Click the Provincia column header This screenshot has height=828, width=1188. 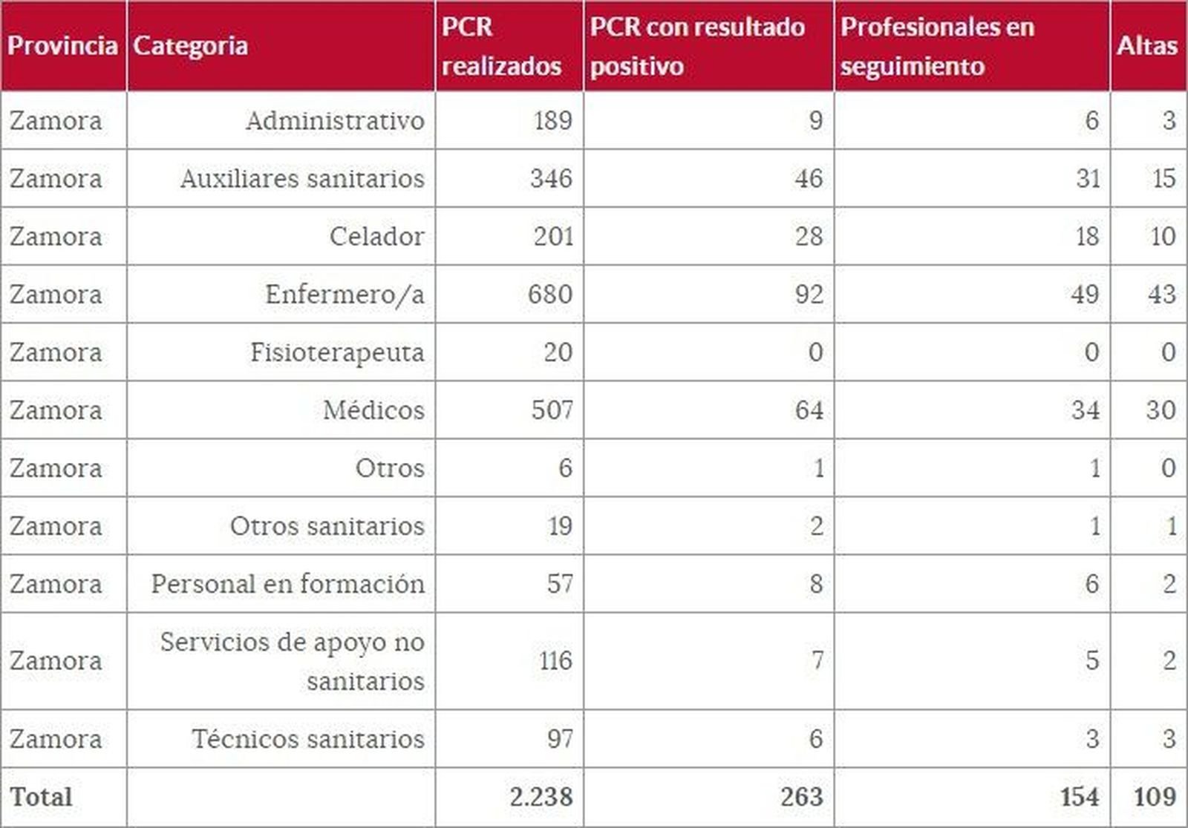(x=63, y=46)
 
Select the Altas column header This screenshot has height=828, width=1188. (x=1147, y=46)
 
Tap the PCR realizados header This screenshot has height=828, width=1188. (x=501, y=46)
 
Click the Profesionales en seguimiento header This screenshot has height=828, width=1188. (x=937, y=46)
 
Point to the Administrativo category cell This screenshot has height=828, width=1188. (x=335, y=120)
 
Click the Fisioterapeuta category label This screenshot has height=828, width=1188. (x=337, y=352)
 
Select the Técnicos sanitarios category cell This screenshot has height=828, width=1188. (x=308, y=739)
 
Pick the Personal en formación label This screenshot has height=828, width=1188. (x=288, y=584)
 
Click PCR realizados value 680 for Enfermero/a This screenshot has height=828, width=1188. (x=550, y=294)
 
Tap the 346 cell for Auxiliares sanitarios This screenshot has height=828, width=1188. (x=551, y=178)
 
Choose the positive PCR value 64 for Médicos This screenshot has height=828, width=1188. (x=809, y=410)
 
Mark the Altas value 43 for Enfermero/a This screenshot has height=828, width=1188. (x=1161, y=294)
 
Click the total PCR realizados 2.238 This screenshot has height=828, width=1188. (x=541, y=797)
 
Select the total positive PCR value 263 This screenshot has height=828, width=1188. (x=802, y=797)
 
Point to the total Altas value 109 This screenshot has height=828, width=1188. (x=1155, y=797)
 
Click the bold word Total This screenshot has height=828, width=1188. (x=42, y=797)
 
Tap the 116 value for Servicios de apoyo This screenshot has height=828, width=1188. (x=555, y=660)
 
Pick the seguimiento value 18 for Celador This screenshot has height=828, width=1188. (x=1087, y=236)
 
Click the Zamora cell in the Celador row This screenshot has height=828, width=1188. (x=56, y=236)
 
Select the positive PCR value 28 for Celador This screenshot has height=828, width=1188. (x=809, y=236)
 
